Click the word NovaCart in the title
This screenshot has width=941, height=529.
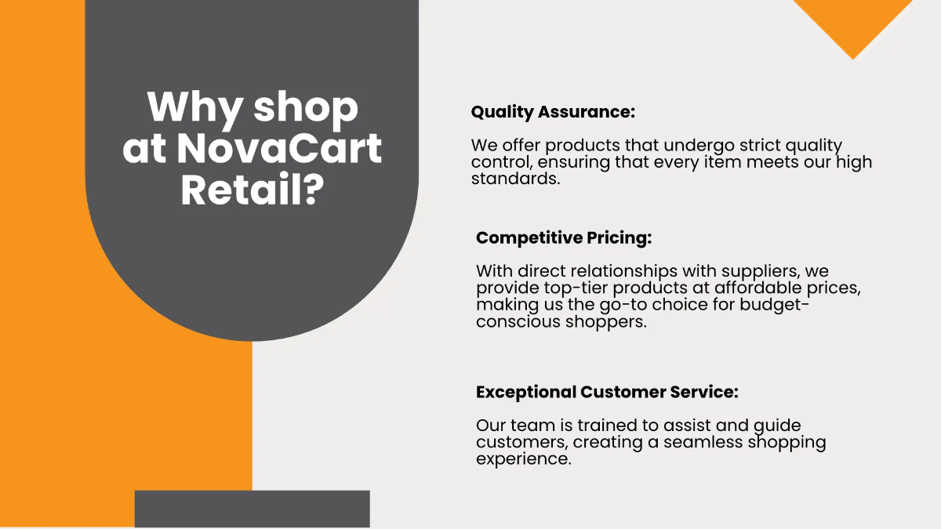(x=279, y=148)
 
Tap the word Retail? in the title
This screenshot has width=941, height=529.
(x=253, y=190)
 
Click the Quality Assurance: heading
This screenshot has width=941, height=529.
(x=553, y=112)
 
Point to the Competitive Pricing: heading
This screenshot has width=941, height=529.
(x=564, y=237)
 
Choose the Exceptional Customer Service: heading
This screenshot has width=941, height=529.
(x=607, y=392)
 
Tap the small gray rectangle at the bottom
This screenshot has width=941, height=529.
(x=252, y=509)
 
